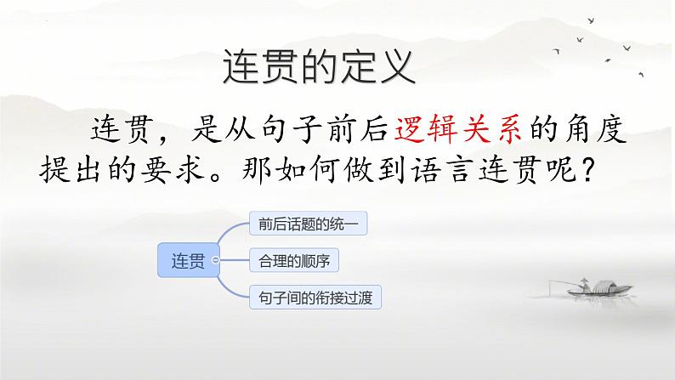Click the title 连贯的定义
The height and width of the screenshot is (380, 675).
[x=319, y=67]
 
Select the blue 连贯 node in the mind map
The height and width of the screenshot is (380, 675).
[x=188, y=260]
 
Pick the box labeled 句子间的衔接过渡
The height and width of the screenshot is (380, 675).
[x=315, y=298]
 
